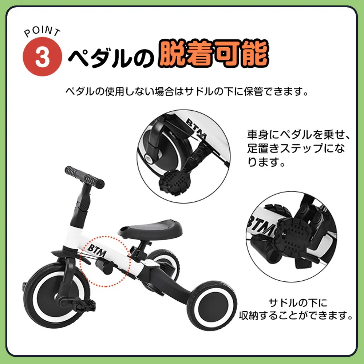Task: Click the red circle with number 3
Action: [42, 58]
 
